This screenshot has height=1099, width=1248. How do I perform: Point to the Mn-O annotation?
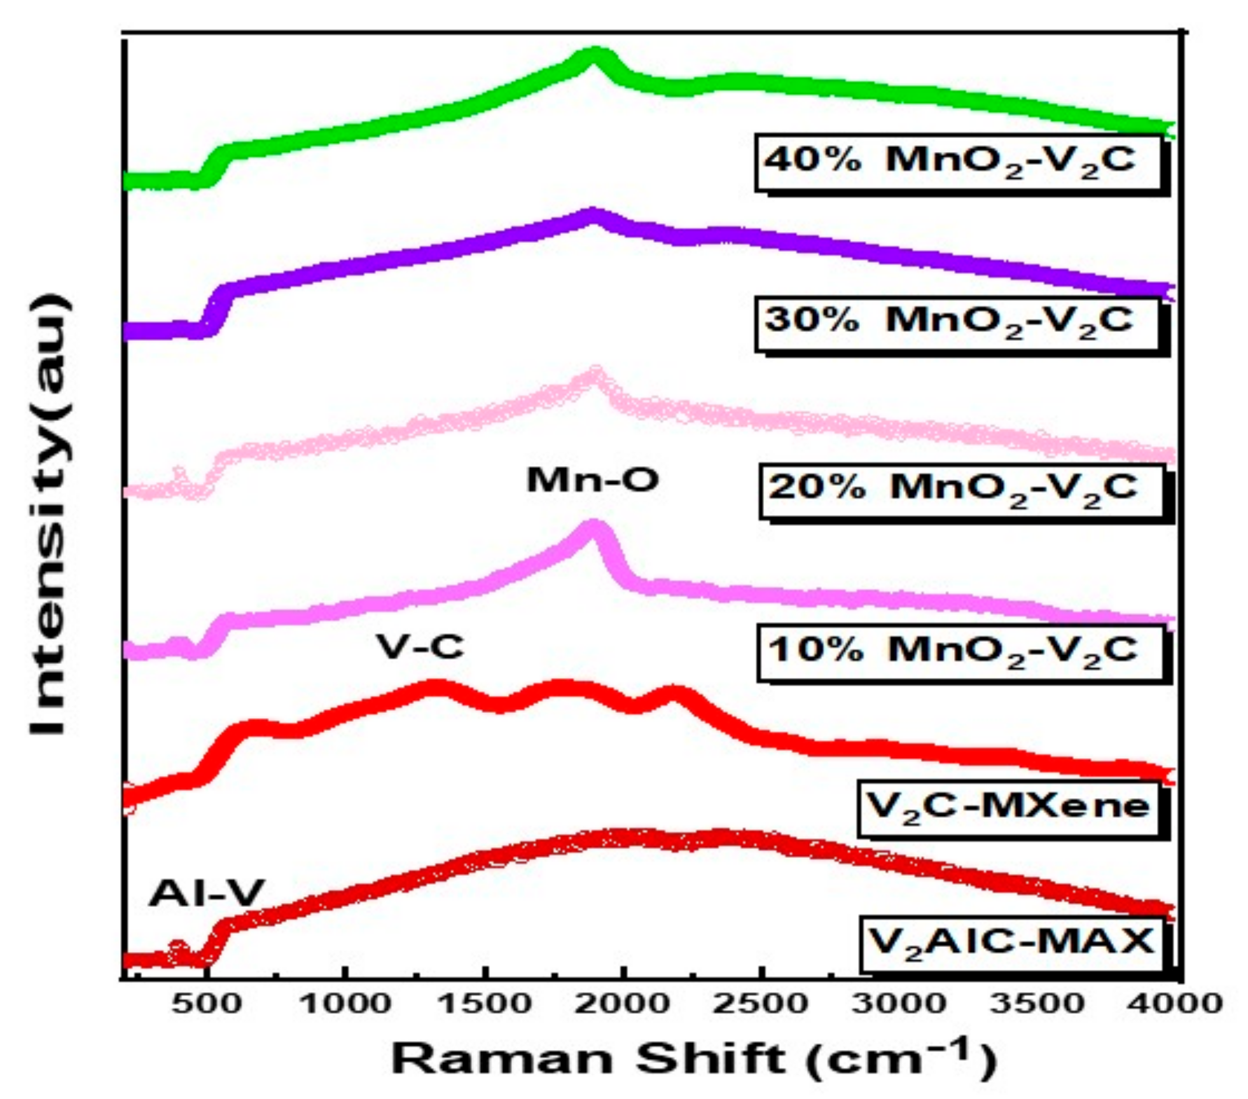[592, 480]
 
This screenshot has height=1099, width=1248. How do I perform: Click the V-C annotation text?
[420, 647]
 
